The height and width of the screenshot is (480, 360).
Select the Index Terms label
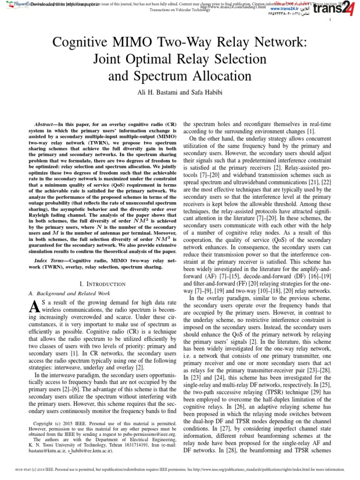50,260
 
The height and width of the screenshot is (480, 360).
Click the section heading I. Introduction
103,284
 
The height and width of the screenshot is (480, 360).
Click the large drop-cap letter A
34,307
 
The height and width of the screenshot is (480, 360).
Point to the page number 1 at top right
330,20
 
